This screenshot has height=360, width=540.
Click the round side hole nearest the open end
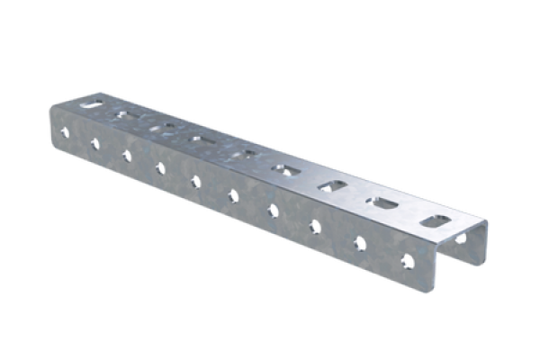[x=408, y=261]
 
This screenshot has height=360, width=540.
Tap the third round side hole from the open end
[x=315, y=226]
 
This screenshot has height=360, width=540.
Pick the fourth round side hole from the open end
[x=272, y=211]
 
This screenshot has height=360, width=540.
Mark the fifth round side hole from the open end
[x=232, y=195]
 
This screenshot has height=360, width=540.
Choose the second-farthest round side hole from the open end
[x=94, y=143]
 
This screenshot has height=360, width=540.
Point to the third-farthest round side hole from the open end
[x=126, y=155]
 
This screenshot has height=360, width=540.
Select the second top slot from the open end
[x=381, y=202]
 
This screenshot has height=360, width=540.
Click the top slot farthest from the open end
[x=94, y=105]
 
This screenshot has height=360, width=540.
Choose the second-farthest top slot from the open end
[x=125, y=116]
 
